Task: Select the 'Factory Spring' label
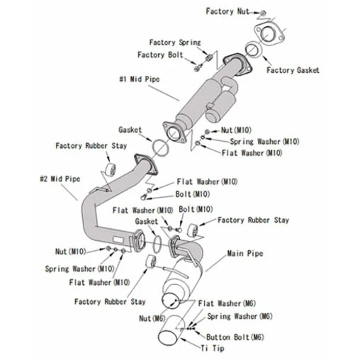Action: pos(175,43)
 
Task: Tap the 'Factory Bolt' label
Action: pos(161,55)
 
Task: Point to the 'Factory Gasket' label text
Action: pos(293,70)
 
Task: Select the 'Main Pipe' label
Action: pos(245,253)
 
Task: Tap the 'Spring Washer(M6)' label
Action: pos(240,316)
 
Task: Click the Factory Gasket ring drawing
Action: pos(252,49)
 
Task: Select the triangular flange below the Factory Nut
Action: pos(267,34)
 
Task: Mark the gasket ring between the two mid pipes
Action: pos(162,147)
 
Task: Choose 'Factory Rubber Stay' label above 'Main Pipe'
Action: pos(253,220)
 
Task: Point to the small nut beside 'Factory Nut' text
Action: pos(262,13)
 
